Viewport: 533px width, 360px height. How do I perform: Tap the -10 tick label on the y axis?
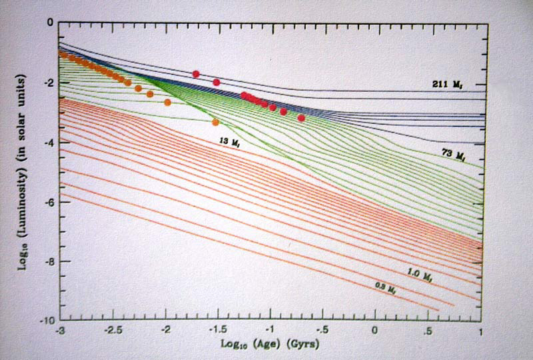click(x=47, y=321)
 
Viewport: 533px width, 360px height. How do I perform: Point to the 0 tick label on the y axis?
click(x=51, y=23)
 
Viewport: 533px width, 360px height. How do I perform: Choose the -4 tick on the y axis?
click(x=49, y=142)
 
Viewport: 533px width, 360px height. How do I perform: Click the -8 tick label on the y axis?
click(x=49, y=261)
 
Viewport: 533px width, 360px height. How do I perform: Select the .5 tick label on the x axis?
click(x=428, y=331)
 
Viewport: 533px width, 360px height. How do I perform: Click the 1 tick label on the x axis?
click(x=480, y=331)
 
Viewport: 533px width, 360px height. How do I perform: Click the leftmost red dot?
click(x=196, y=74)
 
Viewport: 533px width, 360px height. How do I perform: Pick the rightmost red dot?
click(x=301, y=118)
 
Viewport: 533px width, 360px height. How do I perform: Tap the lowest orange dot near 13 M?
click(x=215, y=123)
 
